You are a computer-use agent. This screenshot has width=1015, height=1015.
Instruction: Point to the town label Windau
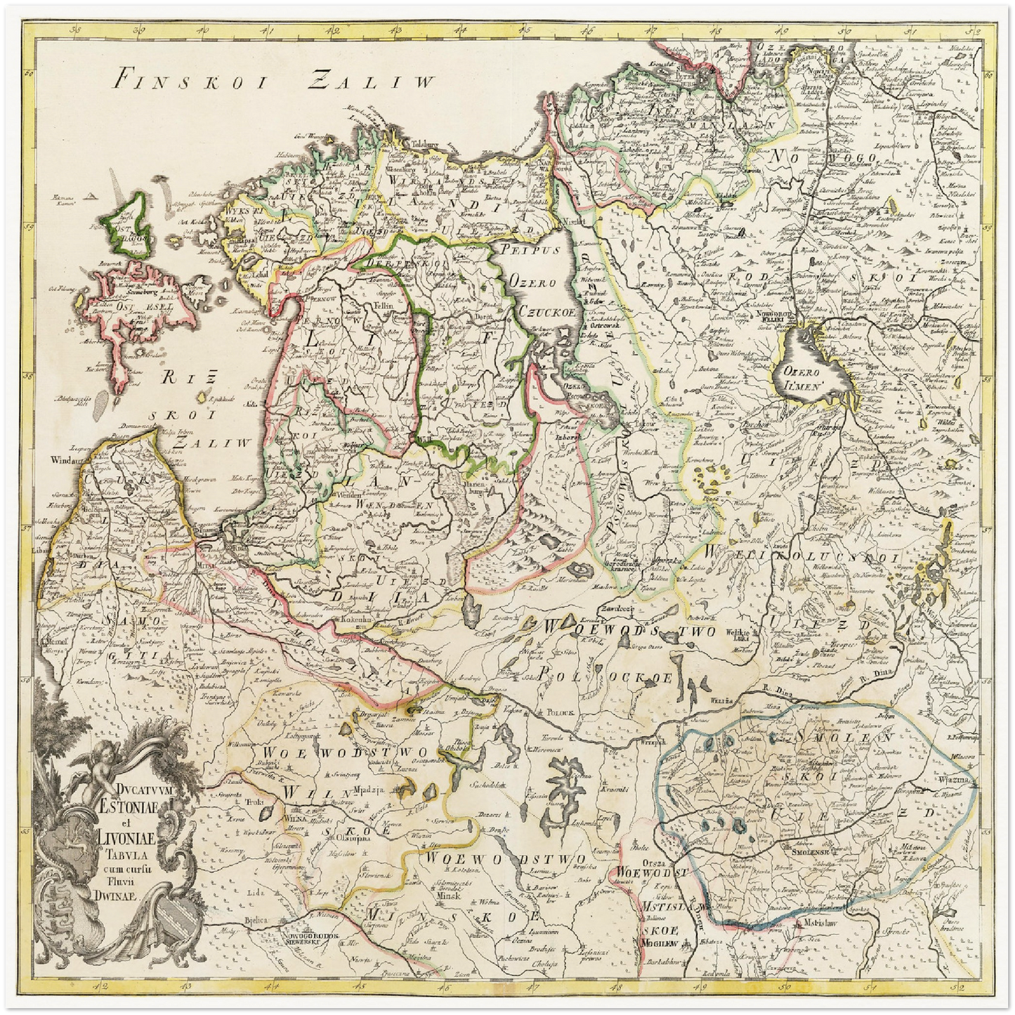(x=63, y=461)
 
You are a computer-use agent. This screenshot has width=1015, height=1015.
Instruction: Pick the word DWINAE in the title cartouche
(x=119, y=895)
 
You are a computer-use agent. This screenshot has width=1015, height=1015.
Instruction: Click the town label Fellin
(x=384, y=308)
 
